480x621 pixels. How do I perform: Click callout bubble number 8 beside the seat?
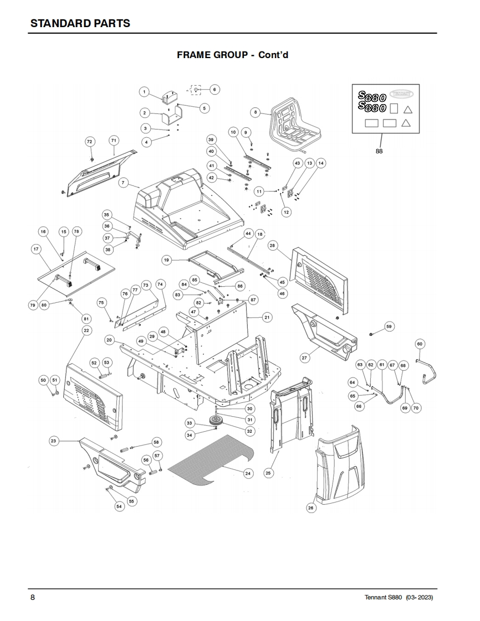click(x=256, y=112)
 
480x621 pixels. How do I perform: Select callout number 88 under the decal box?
click(x=379, y=151)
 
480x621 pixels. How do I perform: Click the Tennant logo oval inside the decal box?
click(x=402, y=94)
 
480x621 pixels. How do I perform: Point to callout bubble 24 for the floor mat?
click(x=248, y=473)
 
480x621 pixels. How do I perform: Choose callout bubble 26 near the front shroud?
click(x=311, y=508)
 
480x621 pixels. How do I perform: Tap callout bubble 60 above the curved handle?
click(x=420, y=344)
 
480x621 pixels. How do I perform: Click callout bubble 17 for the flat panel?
click(x=36, y=249)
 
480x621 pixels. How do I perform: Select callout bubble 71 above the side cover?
click(x=114, y=140)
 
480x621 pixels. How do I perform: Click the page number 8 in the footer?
click(x=33, y=597)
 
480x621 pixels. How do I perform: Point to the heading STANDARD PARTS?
click(x=80, y=23)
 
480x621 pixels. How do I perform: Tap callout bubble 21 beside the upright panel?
click(x=267, y=317)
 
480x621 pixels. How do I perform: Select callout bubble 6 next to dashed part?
click(x=215, y=90)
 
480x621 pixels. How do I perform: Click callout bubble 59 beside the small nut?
click(x=389, y=327)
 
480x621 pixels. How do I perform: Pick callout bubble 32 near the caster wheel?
click(x=249, y=431)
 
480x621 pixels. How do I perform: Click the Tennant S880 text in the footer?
click(x=383, y=597)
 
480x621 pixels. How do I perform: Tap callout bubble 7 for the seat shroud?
click(x=124, y=183)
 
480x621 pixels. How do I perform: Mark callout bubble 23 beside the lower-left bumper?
click(x=54, y=441)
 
